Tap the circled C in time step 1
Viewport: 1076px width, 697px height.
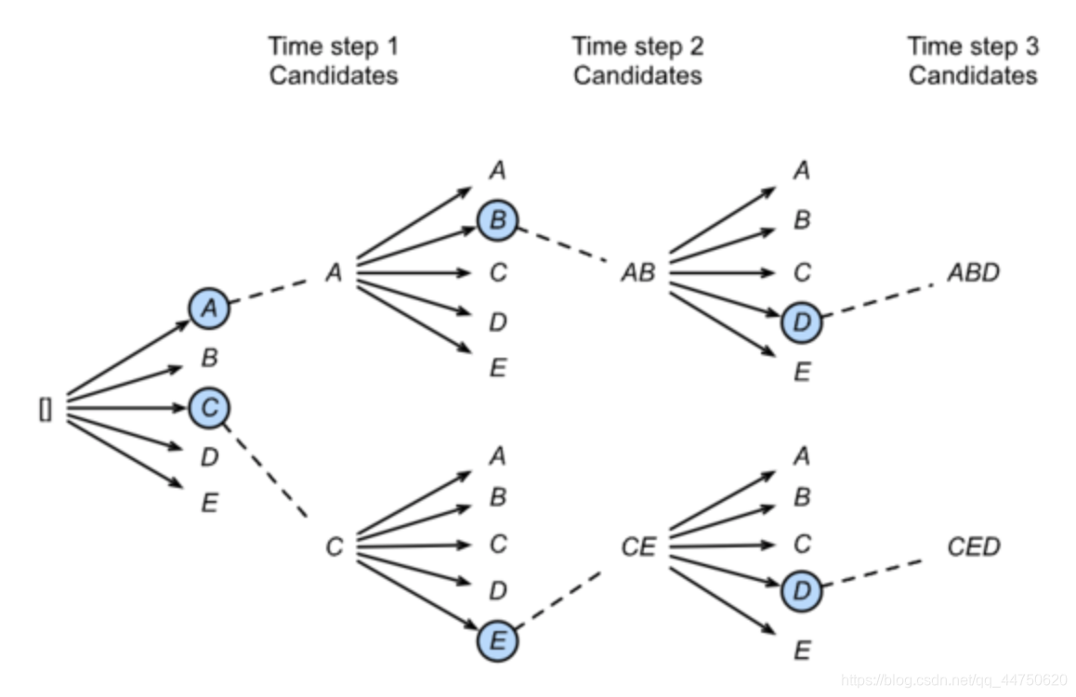point(209,407)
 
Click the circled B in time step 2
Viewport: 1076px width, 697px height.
point(497,221)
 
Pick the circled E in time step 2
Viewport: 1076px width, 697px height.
point(497,641)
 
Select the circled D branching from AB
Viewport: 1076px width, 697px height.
point(801,322)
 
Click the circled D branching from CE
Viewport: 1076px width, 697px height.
point(801,591)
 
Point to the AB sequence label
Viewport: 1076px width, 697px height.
point(638,273)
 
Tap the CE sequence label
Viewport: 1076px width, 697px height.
point(638,547)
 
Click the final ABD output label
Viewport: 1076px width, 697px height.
point(973,273)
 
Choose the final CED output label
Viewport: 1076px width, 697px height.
point(973,546)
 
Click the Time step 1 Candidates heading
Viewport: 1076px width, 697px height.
point(333,60)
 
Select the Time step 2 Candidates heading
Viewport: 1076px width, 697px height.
point(637,60)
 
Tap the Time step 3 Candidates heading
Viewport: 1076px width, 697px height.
point(972,60)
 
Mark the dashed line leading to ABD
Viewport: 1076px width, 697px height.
point(878,298)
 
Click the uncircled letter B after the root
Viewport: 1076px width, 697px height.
point(209,358)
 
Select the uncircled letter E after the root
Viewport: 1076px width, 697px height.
point(209,504)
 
